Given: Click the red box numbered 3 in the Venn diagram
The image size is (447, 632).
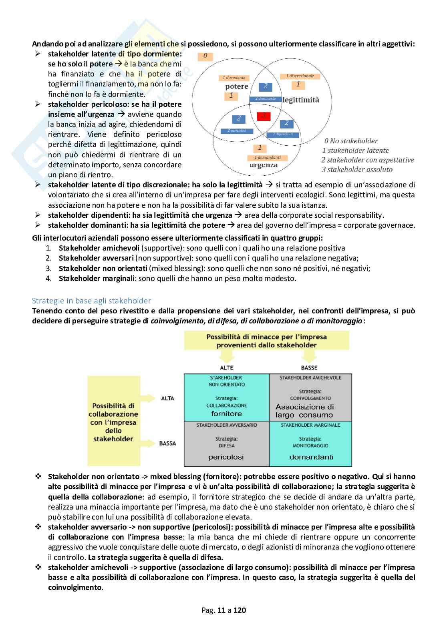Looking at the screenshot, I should pos(264,116).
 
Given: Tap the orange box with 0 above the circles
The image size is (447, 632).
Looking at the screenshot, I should pos(205,56).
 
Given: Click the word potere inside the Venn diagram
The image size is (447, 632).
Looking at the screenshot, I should pos(237,86).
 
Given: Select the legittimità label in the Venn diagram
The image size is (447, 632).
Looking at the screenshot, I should pos(301,100).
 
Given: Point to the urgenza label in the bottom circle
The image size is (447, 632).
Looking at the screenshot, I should pos(264,165).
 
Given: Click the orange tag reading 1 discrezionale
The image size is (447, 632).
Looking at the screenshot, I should pos(300,76).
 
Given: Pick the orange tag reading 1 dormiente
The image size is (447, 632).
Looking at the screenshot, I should pos(234,78).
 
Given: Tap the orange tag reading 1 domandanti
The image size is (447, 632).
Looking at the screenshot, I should pos(268,158).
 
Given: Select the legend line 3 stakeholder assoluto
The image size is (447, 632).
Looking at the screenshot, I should pos(357,169).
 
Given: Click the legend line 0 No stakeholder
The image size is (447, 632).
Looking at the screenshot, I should pos(351,140).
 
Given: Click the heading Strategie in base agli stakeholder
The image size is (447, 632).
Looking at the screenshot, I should pos(91,301).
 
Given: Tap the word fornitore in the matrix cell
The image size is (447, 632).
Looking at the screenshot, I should pos(226,413).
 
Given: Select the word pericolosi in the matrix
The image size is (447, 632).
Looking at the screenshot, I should pos(226,457).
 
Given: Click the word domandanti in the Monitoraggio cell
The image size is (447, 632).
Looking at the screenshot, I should pos(311,457).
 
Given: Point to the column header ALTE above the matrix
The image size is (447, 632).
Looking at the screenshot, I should pos(227,367).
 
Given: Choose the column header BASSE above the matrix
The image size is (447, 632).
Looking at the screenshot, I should pos(309,367).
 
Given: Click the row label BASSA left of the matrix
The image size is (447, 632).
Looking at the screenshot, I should pos(167,443).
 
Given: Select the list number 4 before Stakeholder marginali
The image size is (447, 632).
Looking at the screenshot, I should pos(48,279).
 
